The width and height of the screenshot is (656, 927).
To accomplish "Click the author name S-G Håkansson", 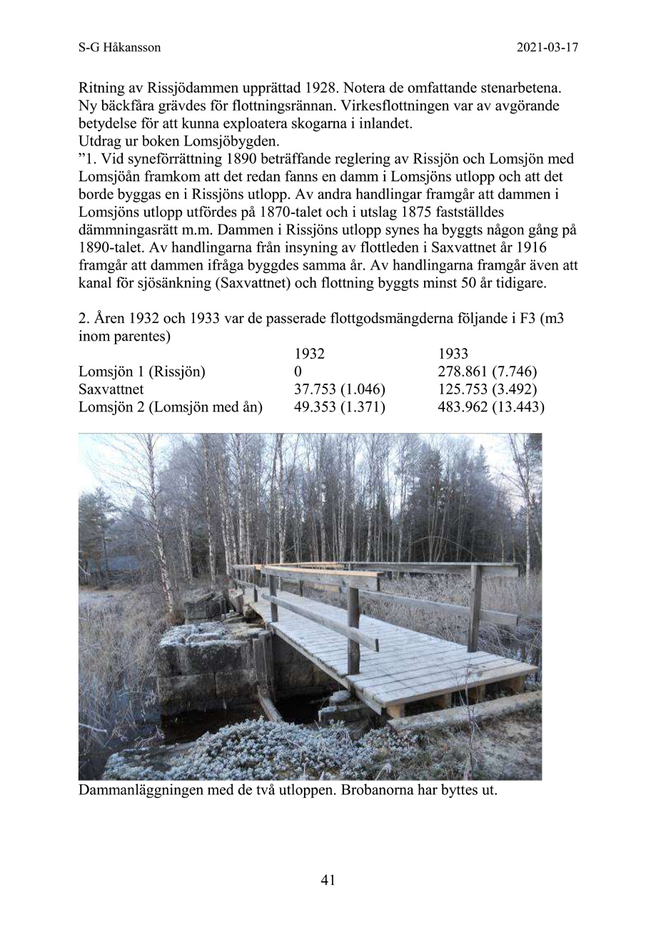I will [x=119, y=48].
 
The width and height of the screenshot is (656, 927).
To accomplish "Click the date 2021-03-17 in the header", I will [x=547, y=48].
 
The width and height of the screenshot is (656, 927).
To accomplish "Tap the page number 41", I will [x=328, y=880].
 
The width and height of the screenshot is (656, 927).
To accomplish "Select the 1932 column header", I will [x=309, y=354].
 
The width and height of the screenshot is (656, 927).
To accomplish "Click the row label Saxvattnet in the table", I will [x=111, y=389].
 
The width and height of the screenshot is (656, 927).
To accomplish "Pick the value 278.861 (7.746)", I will [x=487, y=372].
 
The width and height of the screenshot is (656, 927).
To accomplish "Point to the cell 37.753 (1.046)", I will [x=340, y=389].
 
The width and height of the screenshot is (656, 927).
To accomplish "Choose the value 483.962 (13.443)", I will [x=490, y=407].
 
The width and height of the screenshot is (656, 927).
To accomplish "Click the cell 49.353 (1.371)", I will [x=340, y=407].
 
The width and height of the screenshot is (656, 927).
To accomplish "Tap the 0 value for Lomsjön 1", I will [x=298, y=372].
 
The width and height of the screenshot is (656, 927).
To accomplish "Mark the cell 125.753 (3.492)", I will [x=487, y=389].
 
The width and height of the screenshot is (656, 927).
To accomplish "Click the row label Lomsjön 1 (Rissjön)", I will [x=141, y=372].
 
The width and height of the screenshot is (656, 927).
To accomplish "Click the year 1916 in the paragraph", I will [x=559, y=247].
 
